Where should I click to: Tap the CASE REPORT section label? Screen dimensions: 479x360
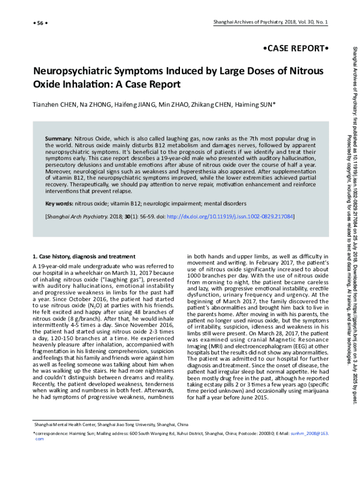tap(293, 49)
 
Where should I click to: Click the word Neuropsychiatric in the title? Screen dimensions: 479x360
tap(74, 72)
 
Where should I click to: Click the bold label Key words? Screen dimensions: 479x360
tap(59, 203)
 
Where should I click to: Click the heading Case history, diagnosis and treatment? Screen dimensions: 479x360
tap(84, 256)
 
